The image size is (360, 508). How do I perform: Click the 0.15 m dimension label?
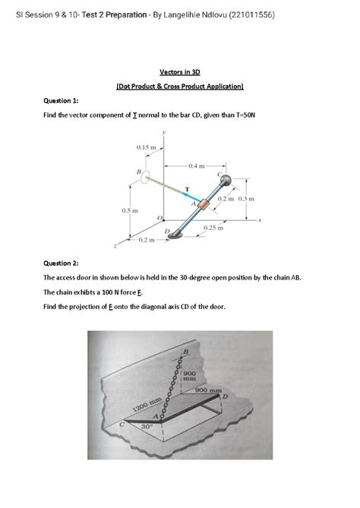point(147,146)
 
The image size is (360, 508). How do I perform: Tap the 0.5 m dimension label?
point(128,209)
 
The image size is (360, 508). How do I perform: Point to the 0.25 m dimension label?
point(213,227)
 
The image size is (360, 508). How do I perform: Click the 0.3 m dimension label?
point(245,199)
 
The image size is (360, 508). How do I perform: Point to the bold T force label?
point(187,187)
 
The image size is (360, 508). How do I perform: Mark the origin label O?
point(159,218)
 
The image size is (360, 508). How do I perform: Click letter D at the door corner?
point(223,396)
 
